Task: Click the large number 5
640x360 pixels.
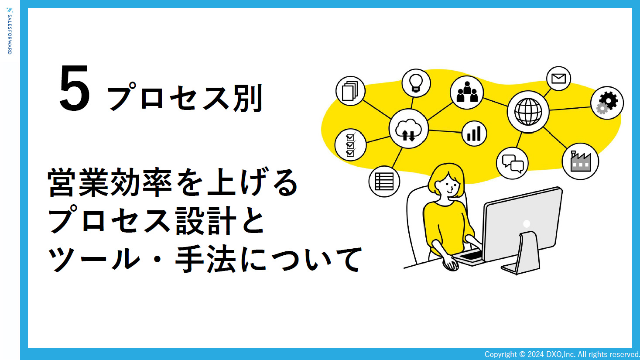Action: point(75,89)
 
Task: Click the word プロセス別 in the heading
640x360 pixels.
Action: point(185,98)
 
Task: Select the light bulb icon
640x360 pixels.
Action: point(416,83)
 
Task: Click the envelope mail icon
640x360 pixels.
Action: point(558,79)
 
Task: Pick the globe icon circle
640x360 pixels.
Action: point(528,112)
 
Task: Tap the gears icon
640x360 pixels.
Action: point(607,103)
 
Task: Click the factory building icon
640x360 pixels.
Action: point(580,161)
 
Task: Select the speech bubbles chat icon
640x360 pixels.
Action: point(512,164)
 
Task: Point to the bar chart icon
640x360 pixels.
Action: point(474,134)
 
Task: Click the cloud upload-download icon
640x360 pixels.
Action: point(408,129)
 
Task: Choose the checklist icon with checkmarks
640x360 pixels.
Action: point(350,145)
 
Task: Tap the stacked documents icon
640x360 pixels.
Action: point(350,91)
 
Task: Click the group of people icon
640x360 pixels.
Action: point(467,93)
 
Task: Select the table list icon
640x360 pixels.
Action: point(384,182)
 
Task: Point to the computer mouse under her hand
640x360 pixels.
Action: point(451,264)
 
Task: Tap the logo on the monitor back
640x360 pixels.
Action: point(527,224)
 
